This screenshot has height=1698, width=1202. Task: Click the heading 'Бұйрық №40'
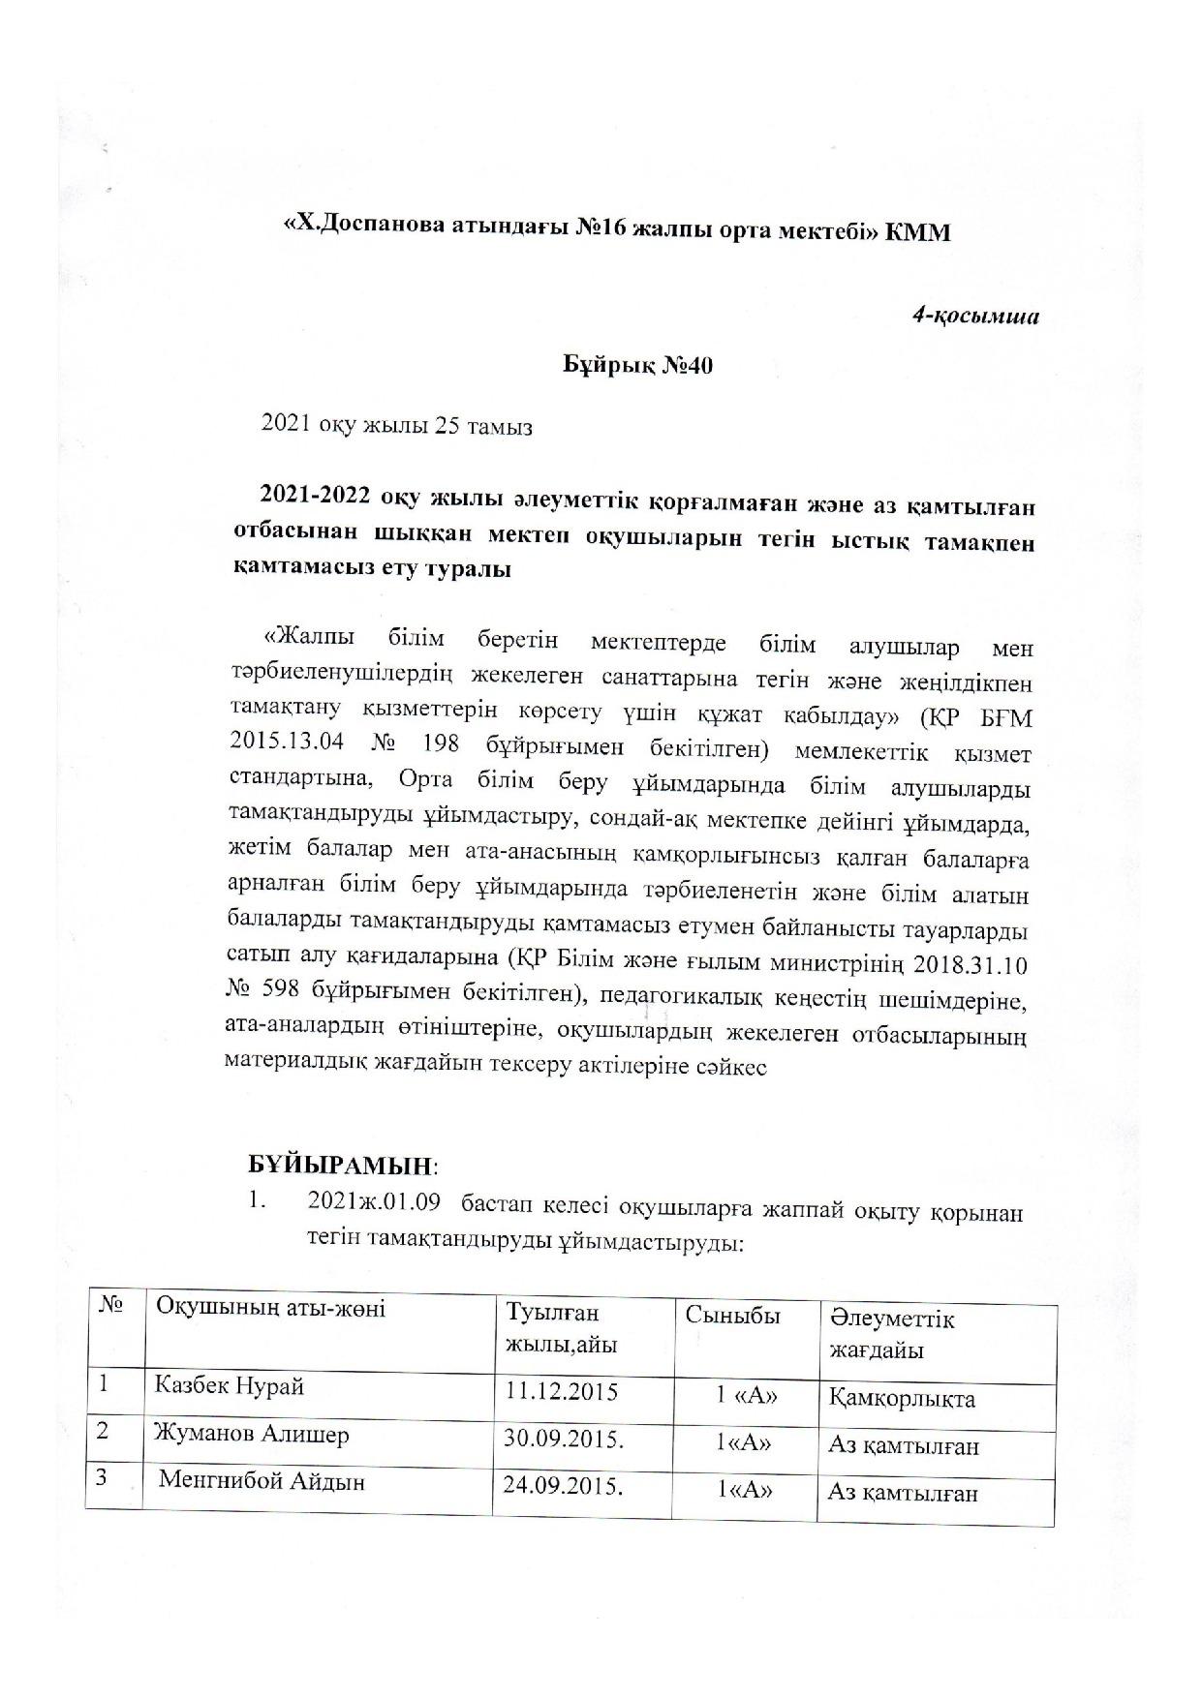click(638, 367)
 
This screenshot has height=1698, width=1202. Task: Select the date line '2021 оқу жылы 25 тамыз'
click(397, 426)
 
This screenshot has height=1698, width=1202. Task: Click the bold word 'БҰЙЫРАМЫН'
click(338, 1162)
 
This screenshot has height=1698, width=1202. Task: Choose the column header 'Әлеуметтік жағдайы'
click(891, 1333)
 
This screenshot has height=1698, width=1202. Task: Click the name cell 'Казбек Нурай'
click(230, 1386)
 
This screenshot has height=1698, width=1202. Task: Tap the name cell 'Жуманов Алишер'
click(251, 1435)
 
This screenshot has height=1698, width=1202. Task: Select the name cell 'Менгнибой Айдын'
click(262, 1481)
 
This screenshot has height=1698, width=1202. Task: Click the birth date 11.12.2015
click(562, 1391)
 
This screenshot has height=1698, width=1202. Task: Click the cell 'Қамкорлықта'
click(902, 1399)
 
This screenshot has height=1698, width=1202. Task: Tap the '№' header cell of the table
click(112, 1306)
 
